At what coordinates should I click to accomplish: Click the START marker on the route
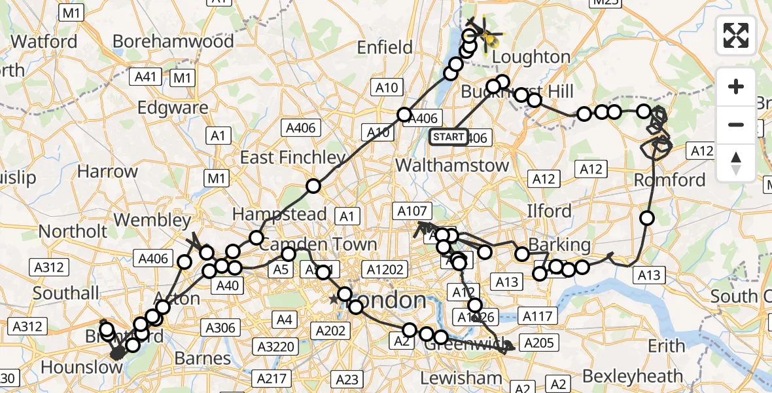449,137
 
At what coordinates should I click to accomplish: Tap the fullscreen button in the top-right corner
736,35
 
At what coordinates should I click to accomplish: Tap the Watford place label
44,41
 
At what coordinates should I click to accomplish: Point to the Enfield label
385,47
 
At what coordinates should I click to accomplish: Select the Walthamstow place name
452,165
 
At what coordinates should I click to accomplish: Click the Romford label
670,179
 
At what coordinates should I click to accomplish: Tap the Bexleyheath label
632,377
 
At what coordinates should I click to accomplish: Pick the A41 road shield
145,77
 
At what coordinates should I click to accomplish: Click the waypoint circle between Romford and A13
647,218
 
